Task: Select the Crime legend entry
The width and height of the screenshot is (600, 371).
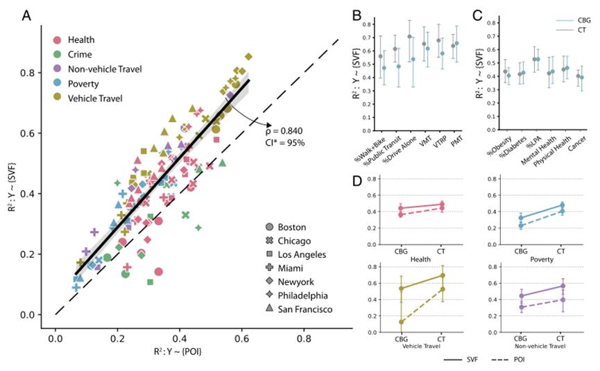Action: [74, 55]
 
